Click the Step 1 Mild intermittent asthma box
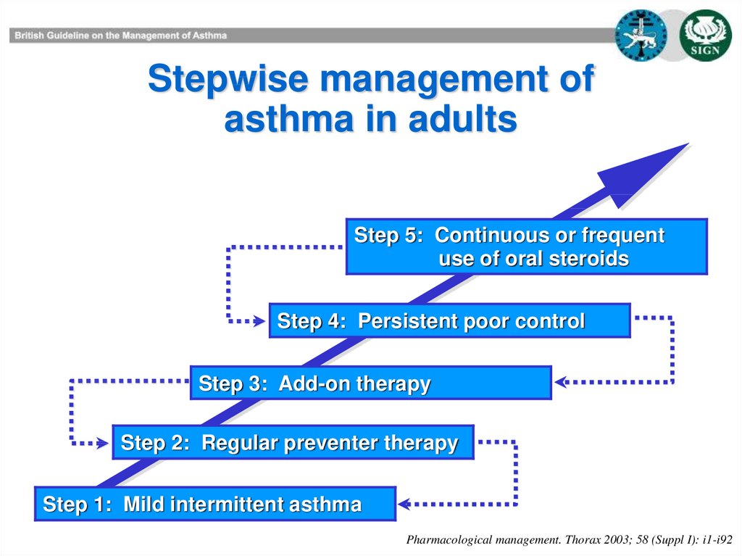pos(214,504)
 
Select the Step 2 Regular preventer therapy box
pos(293,442)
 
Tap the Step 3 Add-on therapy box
pos(371,383)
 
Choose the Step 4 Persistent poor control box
pos(449,320)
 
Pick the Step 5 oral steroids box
pos(527,246)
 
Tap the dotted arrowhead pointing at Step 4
pos(259,321)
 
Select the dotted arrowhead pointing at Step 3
pos(562,382)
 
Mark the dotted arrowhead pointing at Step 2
pos(103,444)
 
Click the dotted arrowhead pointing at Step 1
pos(404,504)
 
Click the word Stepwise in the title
pos(228,79)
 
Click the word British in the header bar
pos(29,36)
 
